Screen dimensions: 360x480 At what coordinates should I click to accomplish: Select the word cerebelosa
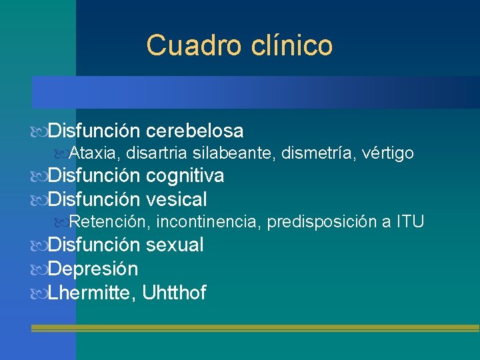pos(194,130)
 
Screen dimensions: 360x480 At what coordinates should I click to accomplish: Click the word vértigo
pos(389,153)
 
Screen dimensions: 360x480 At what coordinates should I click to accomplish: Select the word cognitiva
pos(185,176)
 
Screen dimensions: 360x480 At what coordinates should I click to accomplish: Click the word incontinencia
pos(208,222)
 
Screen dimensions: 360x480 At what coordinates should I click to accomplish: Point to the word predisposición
pos(322,222)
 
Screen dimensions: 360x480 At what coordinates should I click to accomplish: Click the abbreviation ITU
pos(410,222)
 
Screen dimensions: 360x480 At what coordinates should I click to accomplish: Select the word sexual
pos(175,245)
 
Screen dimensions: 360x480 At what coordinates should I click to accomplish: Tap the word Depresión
pos(93,269)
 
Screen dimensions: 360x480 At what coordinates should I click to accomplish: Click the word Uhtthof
pos(175,292)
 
